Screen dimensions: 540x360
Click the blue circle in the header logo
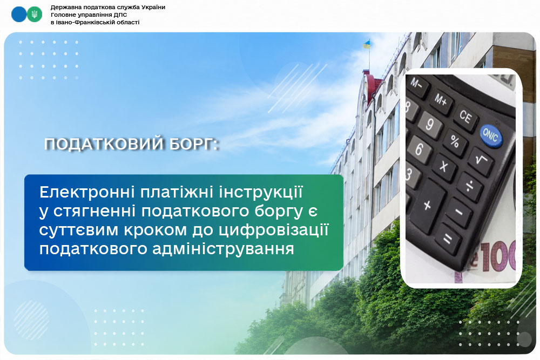(x=18, y=15)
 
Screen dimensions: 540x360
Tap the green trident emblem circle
(x=35, y=15)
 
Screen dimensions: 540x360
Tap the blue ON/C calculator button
(x=491, y=135)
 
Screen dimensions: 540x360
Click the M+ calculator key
(x=441, y=101)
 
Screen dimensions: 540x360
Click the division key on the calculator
(x=470, y=187)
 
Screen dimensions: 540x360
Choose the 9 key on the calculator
(x=429, y=125)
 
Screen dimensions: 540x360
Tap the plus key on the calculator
(x=427, y=206)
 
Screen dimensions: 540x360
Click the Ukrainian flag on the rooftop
(x=367, y=44)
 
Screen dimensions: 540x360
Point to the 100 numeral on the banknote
(x=498, y=256)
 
